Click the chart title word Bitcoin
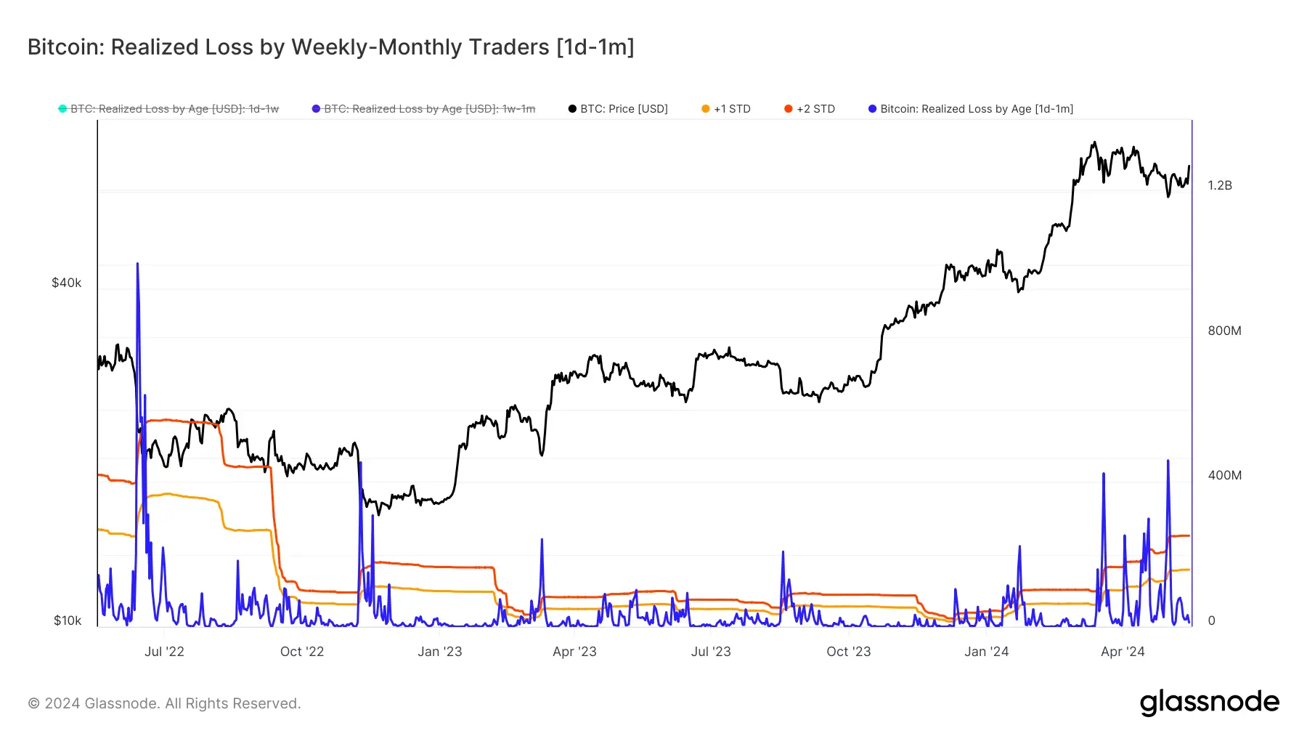pos(65,47)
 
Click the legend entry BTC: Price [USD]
pos(623,109)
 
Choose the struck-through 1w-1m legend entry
pos(428,109)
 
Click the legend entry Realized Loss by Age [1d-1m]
pos(976,109)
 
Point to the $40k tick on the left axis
pos(66,283)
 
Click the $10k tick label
pos(67,620)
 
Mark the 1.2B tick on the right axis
pos(1220,185)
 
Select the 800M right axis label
pos(1224,331)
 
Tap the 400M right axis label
pos(1224,475)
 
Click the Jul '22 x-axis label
pos(164,652)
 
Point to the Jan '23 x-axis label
pos(439,652)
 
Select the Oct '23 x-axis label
pos(848,652)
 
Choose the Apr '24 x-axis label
pos(1122,652)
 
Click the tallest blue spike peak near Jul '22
pos(137,264)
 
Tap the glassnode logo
pos(1209,703)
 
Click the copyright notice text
pos(164,703)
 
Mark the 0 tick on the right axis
pos(1211,620)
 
